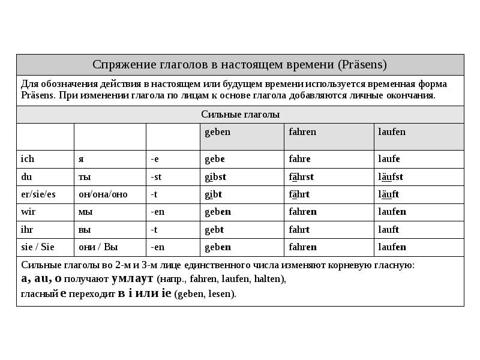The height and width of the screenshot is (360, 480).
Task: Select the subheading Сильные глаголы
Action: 240,114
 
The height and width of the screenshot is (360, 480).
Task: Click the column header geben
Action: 217,132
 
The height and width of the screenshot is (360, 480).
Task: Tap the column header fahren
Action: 302,132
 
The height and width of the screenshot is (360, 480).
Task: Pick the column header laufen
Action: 392,132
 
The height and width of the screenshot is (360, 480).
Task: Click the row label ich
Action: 28,159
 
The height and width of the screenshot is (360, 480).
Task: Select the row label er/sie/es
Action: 38,194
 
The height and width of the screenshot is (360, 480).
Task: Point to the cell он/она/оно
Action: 103,194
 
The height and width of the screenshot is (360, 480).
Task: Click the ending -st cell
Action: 157,177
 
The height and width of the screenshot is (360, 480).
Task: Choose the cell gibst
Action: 215,177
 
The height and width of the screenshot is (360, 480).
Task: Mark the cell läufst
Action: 391,177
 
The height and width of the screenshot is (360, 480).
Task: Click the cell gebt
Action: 214,229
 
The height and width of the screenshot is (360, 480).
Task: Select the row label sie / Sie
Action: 38,247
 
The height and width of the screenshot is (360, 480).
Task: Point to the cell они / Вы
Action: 99,247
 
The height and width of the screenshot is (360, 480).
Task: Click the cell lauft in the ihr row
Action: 389,229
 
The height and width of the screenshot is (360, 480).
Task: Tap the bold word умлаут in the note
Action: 133,279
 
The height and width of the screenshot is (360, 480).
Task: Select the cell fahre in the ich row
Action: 300,159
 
